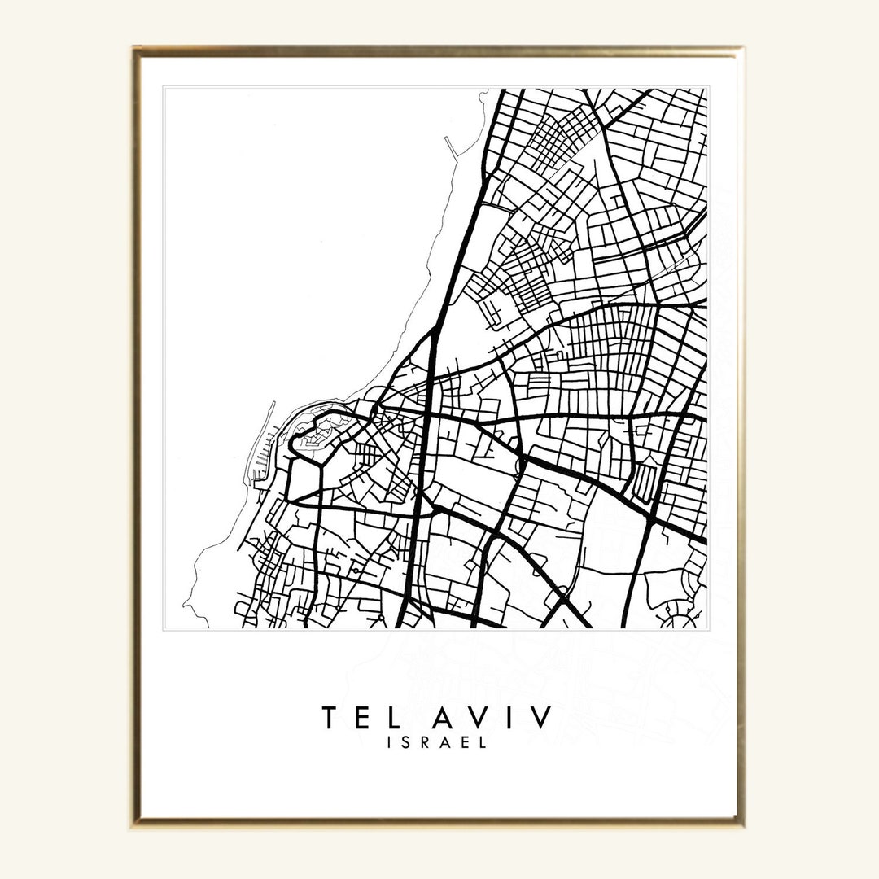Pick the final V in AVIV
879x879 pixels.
(540, 718)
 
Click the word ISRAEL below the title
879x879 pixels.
(439, 742)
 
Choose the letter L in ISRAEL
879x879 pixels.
(483, 742)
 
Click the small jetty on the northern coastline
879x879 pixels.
(453, 146)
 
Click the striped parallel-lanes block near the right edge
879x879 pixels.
(643, 480)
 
